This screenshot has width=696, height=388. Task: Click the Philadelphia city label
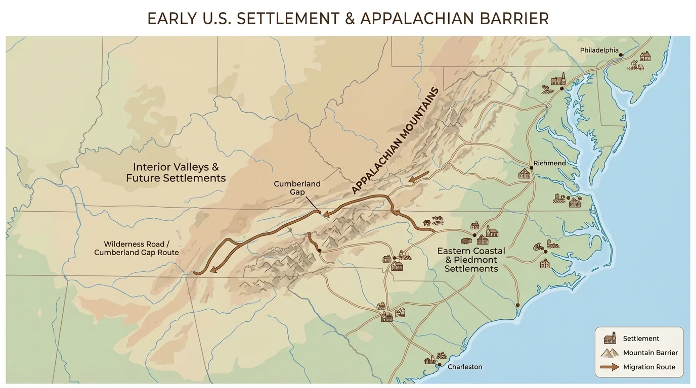click(x=599, y=50)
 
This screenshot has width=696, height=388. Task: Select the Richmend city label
click(x=550, y=163)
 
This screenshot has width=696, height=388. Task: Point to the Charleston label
click(x=465, y=367)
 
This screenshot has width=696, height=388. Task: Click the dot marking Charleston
click(x=440, y=365)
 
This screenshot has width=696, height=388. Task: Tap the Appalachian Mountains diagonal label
click(x=394, y=141)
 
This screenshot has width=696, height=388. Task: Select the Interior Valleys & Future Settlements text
click(x=176, y=172)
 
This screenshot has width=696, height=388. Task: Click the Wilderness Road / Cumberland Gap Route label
click(x=136, y=248)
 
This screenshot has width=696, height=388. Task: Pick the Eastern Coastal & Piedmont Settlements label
click(x=471, y=260)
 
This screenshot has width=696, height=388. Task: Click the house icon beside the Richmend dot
click(x=525, y=174)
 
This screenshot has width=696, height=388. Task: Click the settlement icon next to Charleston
click(x=430, y=360)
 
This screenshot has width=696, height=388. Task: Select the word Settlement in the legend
click(x=641, y=338)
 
